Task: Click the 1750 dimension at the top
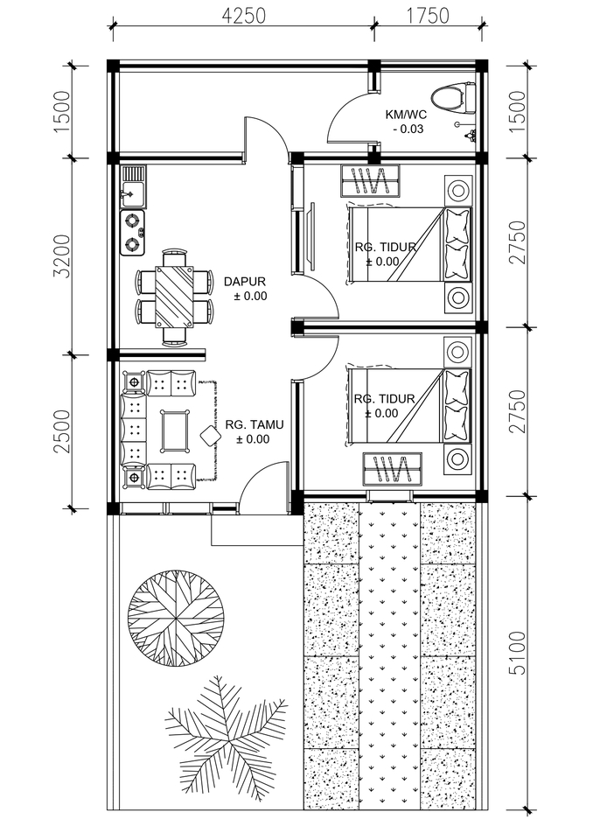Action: [427, 15]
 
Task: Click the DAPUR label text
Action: [245, 282]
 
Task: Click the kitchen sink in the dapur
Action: [132, 186]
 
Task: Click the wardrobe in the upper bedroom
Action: [370, 182]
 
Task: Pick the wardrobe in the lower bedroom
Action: [392, 468]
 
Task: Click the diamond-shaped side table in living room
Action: [210, 435]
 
